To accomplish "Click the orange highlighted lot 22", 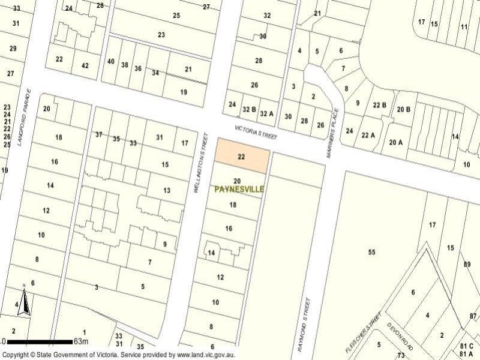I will pos(241,156).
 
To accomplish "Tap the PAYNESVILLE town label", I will pos(239,189).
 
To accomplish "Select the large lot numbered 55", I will pos(371,252).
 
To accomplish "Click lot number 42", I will pos(85,66).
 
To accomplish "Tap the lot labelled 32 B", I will pos(250,110).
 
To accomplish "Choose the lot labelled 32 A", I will pos(266,113).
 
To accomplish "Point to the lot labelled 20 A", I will pos(396,142).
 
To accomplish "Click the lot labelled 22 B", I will pos(379,106).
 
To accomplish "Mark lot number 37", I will pos(99,134).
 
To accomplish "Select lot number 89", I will pos(467,264).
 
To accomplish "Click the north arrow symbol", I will pos(23,303).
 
